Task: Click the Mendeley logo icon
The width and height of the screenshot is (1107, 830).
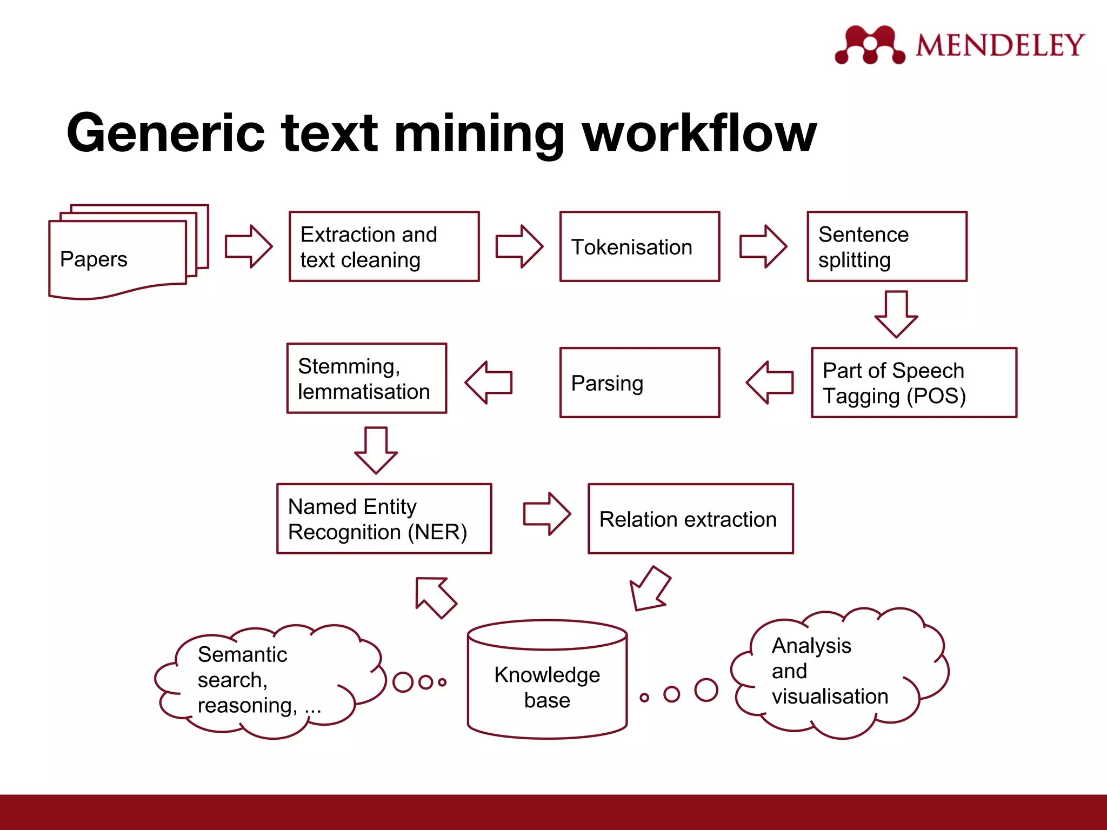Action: click(x=869, y=45)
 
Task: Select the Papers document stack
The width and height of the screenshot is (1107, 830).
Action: click(x=124, y=254)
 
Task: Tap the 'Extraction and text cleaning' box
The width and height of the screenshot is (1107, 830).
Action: click(x=384, y=246)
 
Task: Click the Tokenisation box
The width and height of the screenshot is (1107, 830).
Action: click(x=639, y=246)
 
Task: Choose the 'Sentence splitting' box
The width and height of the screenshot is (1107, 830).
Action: click(x=886, y=246)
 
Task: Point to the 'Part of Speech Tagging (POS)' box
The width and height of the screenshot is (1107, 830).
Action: click(x=913, y=383)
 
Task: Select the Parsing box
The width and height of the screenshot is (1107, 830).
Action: click(x=639, y=383)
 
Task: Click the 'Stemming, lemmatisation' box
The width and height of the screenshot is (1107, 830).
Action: click(x=366, y=378)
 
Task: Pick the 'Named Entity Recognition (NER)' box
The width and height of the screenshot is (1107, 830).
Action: click(x=384, y=519)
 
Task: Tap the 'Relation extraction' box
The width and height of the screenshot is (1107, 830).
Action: click(x=690, y=519)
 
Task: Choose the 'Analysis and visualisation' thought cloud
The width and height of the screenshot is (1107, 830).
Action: click(x=838, y=673)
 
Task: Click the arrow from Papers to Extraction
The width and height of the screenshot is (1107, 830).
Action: click(x=248, y=246)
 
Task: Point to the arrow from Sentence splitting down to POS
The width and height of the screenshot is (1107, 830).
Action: click(x=896, y=313)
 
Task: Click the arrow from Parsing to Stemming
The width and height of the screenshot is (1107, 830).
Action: click(x=489, y=383)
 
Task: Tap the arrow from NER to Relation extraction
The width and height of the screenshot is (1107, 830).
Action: click(x=546, y=513)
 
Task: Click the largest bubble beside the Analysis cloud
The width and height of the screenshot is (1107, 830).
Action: click(x=706, y=690)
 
